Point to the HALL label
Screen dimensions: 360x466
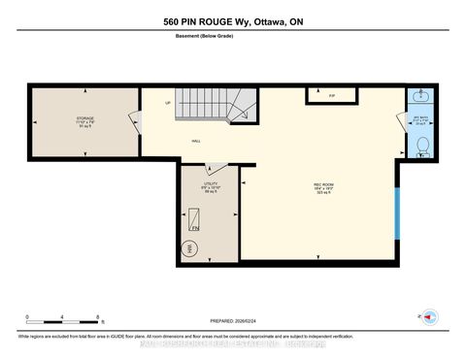tap(195, 142)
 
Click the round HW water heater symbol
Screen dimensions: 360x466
tap(189, 248)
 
